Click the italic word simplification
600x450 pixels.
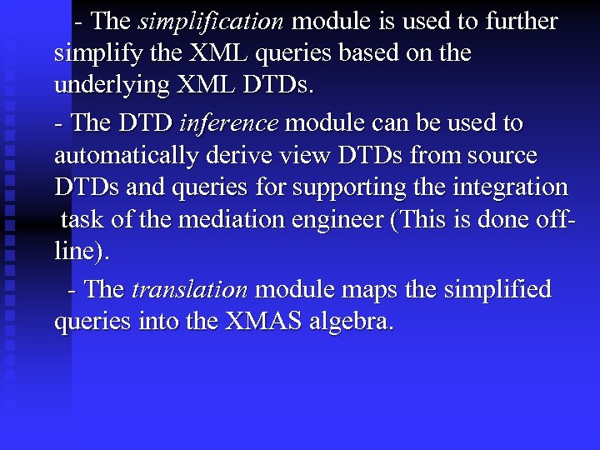(x=212, y=22)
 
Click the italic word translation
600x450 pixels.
(x=190, y=290)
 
